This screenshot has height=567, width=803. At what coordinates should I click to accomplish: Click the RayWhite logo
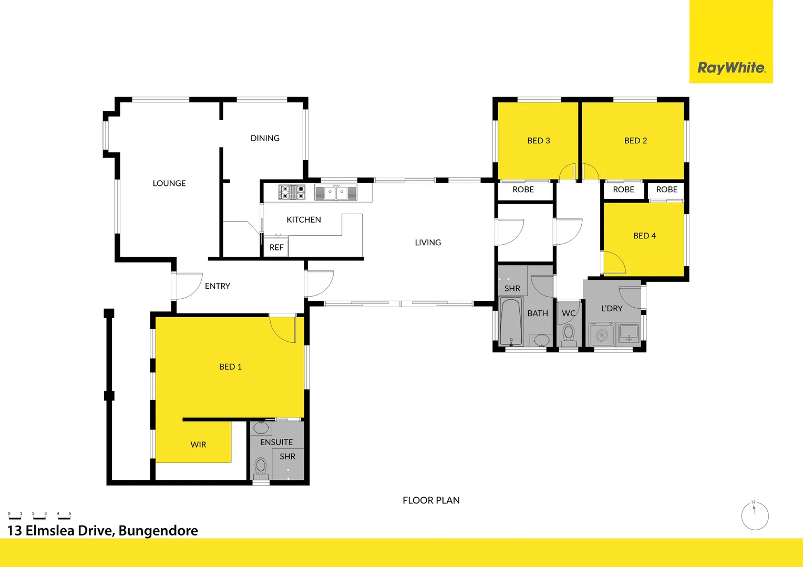tap(731, 68)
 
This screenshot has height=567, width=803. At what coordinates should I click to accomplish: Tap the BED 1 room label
tap(230, 366)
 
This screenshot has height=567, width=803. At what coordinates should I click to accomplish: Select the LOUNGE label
tap(169, 183)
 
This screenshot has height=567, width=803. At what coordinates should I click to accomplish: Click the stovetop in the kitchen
tap(292, 192)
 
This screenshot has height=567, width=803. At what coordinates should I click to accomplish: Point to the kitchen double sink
tap(336, 192)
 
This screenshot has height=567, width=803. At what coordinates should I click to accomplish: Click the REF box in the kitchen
tap(276, 247)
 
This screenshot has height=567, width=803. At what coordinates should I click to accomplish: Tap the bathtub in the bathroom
tap(511, 321)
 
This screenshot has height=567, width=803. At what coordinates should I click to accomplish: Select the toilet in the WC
tap(568, 333)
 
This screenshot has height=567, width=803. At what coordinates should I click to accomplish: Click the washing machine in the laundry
tap(602, 334)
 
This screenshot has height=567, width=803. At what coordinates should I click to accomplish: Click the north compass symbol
tap(755, 515)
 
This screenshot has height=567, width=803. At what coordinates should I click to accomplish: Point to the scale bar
tap(39, 516)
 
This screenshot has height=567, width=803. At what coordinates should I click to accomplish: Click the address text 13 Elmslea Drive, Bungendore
tap(103, 531)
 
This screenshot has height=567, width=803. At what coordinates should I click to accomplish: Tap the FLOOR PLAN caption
tap(431, 500)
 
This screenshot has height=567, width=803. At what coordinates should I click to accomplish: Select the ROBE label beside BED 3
tap(523, 190)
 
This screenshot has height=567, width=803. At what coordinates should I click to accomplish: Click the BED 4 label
tap(644, 236)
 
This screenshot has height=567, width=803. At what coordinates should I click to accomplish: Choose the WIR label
tap(198, 445)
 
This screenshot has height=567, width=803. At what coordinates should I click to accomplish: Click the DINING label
tap(265, 138)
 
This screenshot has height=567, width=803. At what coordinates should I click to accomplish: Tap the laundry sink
tap(629, 333)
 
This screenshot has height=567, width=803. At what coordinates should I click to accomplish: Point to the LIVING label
tap(428, 243)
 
